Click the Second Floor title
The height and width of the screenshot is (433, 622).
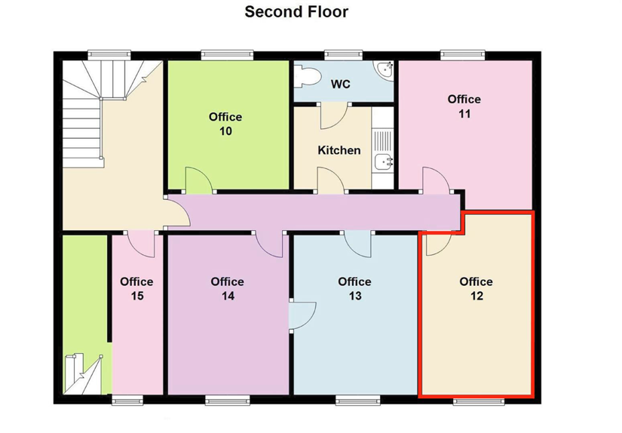(296, 11)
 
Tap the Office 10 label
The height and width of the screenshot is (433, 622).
(225, 124)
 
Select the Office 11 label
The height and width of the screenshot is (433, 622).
(464, 106)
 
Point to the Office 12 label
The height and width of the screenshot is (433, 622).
(476, 288)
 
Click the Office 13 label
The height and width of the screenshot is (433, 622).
(354, 288)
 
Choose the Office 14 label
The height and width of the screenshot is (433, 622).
(227, 288)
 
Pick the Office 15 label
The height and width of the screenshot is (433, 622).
(137, 288)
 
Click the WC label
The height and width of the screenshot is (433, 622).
(341, 84)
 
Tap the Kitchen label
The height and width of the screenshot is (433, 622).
(339, 150)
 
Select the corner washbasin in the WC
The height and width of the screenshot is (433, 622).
(385, 69)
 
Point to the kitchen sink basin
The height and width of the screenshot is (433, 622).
(383, 161)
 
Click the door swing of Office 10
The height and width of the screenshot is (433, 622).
(199, 180)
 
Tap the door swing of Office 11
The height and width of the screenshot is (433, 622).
(436, 180)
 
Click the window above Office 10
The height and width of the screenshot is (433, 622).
(227, 55)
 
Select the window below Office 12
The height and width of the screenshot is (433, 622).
(479, 401)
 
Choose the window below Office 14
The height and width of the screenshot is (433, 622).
(228, 401)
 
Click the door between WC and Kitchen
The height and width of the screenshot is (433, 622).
(335, 116)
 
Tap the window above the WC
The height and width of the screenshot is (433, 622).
(343, 55)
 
